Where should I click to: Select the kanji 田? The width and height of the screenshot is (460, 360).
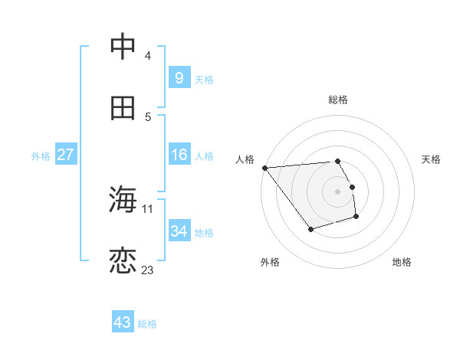click(x=123, y=108)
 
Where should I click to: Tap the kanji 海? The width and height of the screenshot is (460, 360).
click(x=123, y=200)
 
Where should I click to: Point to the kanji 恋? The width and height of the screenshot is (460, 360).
click(x=123, y=261)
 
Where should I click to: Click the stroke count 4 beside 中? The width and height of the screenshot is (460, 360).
click(x=147, y=56)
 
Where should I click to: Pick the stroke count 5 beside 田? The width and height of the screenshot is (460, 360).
click(x=147, y=116)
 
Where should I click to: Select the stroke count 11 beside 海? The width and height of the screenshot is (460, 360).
click(x=148, y=208)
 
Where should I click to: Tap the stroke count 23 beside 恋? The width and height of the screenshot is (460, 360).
click(x=148, y=270)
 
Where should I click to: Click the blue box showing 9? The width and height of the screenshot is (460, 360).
click(x=179, y=77)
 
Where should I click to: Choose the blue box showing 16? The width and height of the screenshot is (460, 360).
click(x=179, y=155)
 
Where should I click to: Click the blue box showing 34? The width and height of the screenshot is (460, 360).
click(x=179, y=231)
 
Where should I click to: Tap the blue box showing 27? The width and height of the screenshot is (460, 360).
click(x=65, y=155)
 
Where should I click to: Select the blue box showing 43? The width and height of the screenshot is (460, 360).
click(x=122, y=322)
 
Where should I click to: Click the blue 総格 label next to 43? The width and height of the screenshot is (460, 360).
click(x=147, y=324)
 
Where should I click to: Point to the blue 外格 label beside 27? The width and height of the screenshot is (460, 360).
click(x=41, y=156)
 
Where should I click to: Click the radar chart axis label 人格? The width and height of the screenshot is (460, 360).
click(x=245, y=159)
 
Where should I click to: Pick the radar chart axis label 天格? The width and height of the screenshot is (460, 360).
click(x=432, y=159)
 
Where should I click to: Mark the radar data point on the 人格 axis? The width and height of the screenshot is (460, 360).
click(x=264, y=168)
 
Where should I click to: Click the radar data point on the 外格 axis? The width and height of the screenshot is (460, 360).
click(x=310, y=229)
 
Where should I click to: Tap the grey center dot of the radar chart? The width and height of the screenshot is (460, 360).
click(x=337, y=191)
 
